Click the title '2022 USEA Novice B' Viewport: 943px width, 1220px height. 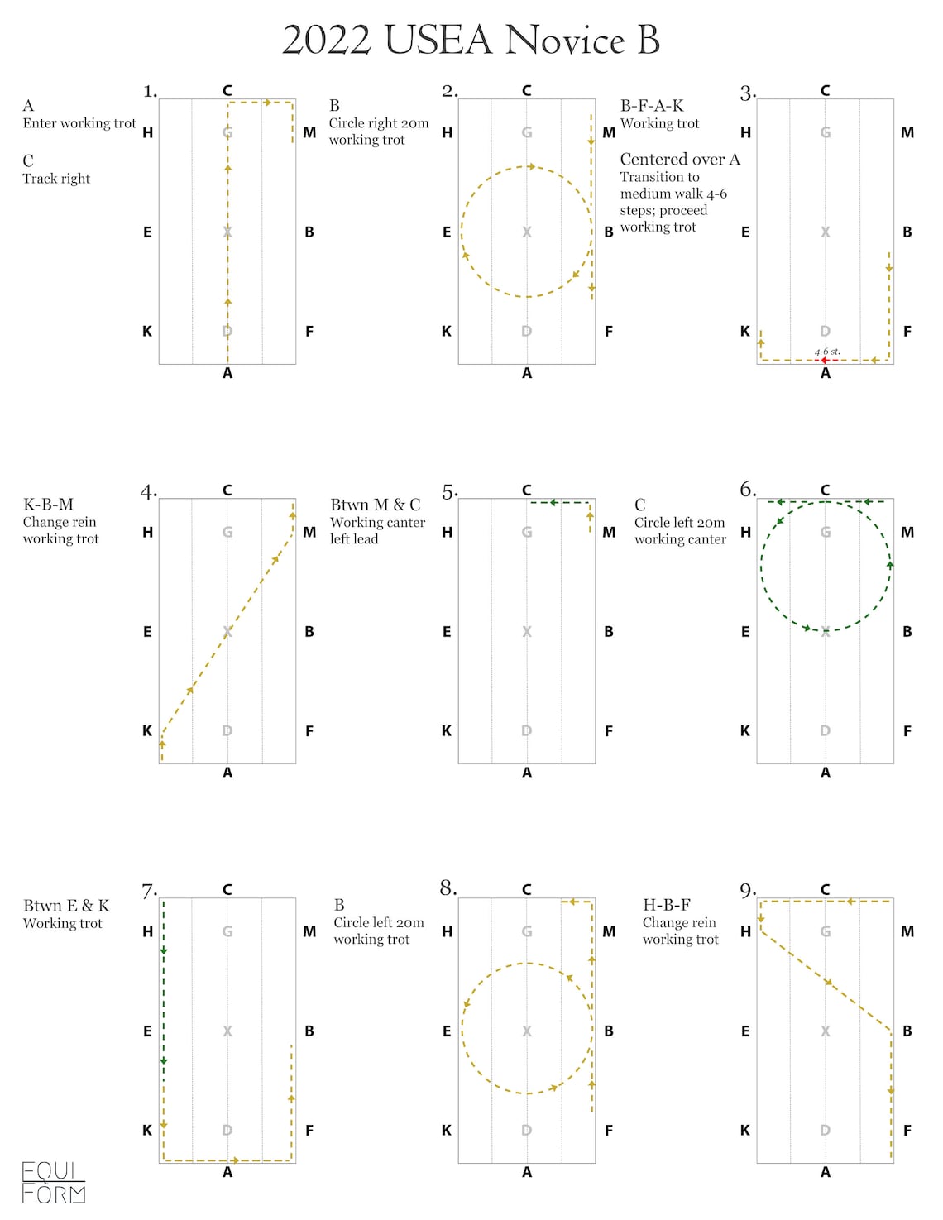(471, 40)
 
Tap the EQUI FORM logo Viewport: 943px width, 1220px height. (54, 1183)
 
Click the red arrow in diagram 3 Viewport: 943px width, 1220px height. (825, 361)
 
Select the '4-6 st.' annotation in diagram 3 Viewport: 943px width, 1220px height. (827, 352)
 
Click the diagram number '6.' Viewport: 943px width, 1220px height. (748, 490)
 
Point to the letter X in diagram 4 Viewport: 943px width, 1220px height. (227, 632)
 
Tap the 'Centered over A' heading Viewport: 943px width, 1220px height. (680, 160)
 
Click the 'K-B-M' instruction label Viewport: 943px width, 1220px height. (48, 505)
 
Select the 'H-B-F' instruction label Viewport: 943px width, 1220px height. (666, 905)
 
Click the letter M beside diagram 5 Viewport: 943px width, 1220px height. (609, 533)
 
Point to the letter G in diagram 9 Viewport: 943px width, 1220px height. (825, 932)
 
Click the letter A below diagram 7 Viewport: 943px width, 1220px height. (227, 1172)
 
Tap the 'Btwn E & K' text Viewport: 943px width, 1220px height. (66, 906)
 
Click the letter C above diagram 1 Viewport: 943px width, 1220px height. (227, 90)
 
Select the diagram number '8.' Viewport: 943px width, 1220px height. (448, 888)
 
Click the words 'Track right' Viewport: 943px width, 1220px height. (56, 179)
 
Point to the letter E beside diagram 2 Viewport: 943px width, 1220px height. (447, 232)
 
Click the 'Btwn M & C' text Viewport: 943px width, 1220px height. (375, 505)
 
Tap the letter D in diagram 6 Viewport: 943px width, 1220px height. (825, 731)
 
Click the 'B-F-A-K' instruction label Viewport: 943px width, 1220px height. (652, 106)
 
